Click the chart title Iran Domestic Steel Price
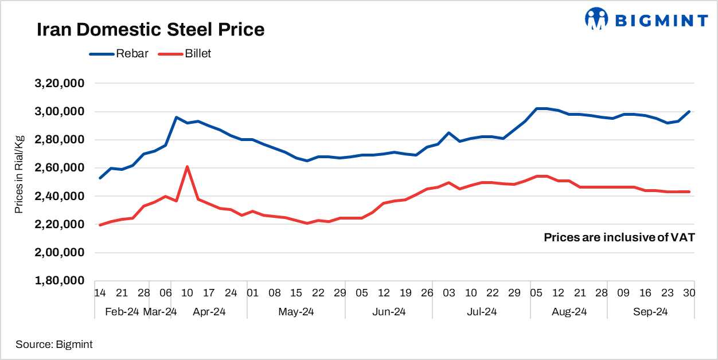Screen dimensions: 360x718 [150, 30]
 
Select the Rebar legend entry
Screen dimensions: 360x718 [132, 54]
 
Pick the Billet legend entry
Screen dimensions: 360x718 [198, 54]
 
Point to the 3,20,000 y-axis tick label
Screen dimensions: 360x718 [60, 83]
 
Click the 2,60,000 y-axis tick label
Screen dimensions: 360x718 [60, 168]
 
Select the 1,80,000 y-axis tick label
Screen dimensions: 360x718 [60, 281]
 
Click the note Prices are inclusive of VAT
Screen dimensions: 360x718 [619, 237]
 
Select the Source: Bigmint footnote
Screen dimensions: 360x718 [54, 345]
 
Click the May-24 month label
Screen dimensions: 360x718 [296, 312]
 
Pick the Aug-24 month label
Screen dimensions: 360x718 [569, 312]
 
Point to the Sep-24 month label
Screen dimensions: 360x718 [650, 312]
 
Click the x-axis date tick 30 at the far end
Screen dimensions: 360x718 [689, 293]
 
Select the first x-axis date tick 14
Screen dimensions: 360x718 [100, 293]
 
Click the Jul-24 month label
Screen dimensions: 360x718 [482, 312]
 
